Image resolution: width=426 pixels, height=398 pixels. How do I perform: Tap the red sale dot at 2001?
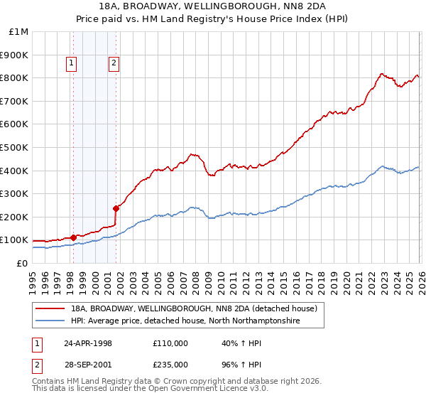click(x=116, y=208)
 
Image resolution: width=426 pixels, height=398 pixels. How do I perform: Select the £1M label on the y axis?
click(x=18, y=32)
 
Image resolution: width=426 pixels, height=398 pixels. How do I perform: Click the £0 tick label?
click(x=21, y=263)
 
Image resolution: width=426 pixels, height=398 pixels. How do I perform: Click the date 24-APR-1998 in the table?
click(x=88, y=343)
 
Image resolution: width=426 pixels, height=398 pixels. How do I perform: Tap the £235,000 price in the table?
click(x=170, y=364)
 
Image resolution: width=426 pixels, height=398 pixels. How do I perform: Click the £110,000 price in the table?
click(x=170, y=343)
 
